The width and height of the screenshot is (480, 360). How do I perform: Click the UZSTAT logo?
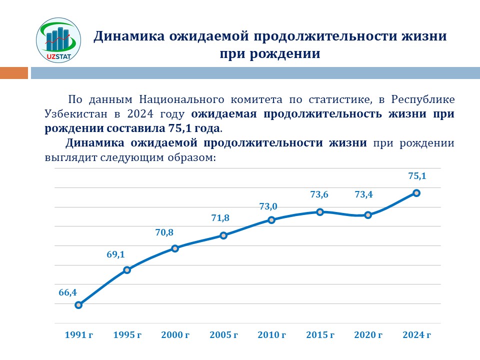[58, 40]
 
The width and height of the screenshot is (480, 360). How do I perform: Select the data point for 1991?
[78, 305]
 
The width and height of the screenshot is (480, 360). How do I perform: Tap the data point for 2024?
[416, 193]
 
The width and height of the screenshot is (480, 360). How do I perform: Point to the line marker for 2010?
[271, 220]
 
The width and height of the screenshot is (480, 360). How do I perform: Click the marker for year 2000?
[175, 248]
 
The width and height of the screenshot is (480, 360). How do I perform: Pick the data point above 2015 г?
[320, 212]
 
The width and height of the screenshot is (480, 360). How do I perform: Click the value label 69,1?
[115, 254]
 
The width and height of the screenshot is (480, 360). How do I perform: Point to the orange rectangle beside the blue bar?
[14, 73]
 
